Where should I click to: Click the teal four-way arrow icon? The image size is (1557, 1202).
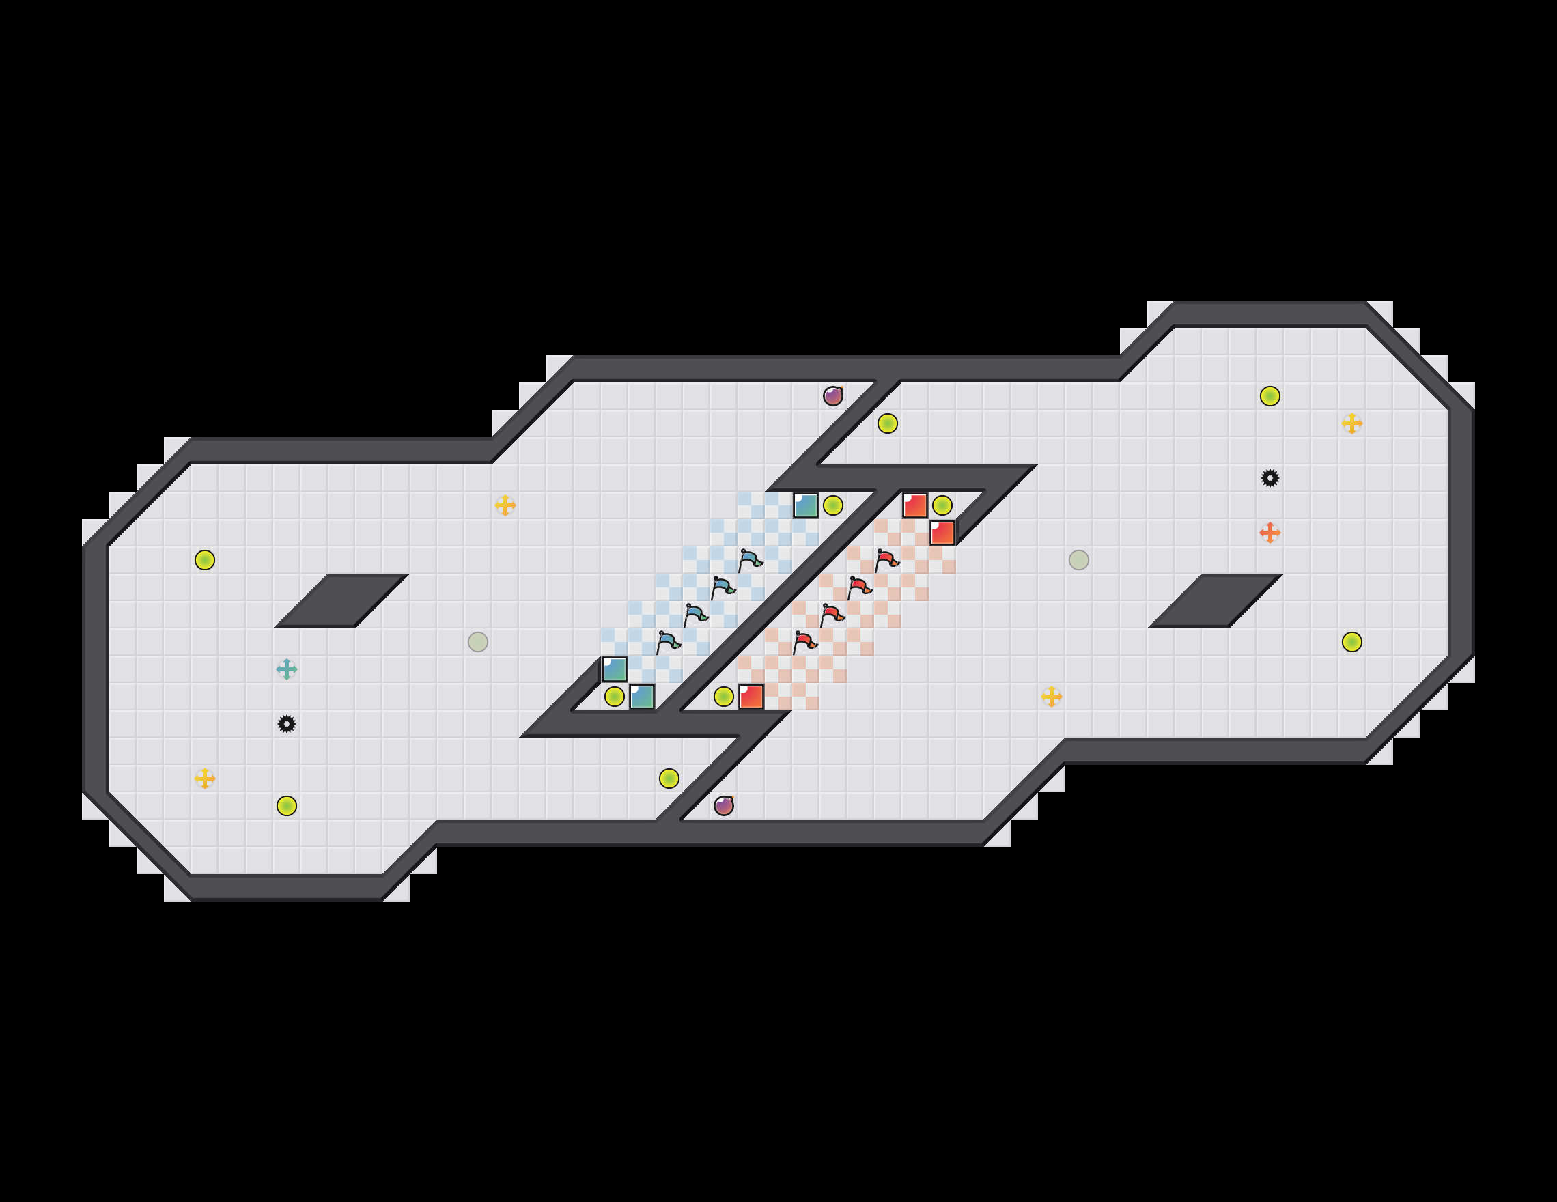287,669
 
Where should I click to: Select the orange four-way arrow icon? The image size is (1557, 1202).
1270,533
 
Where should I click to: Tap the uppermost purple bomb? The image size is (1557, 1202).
832,395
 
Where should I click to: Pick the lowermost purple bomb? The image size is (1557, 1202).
724,806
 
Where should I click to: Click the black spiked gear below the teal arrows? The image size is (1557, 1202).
287,725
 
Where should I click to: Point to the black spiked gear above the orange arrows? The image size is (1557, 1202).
1270,477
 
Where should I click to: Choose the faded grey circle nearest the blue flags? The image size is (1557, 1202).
477,642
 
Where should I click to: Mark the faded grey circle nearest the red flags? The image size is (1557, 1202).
1079,559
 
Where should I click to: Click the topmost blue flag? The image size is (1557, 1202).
750,560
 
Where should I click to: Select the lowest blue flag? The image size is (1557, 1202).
668,643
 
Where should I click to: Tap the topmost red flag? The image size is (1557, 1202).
886,560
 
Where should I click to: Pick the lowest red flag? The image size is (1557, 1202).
804,643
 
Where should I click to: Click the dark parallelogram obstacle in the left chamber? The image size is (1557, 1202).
341,600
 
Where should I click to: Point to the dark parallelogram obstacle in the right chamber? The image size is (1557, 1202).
1215,600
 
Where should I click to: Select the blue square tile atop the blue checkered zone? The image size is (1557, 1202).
806,505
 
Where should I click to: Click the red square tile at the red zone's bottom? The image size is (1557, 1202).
751,697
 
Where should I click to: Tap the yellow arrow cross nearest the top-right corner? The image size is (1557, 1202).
1351,423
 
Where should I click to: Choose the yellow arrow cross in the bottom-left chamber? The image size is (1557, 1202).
205,779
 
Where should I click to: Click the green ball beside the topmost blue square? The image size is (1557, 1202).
832,505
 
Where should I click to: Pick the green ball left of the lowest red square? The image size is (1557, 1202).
724,697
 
